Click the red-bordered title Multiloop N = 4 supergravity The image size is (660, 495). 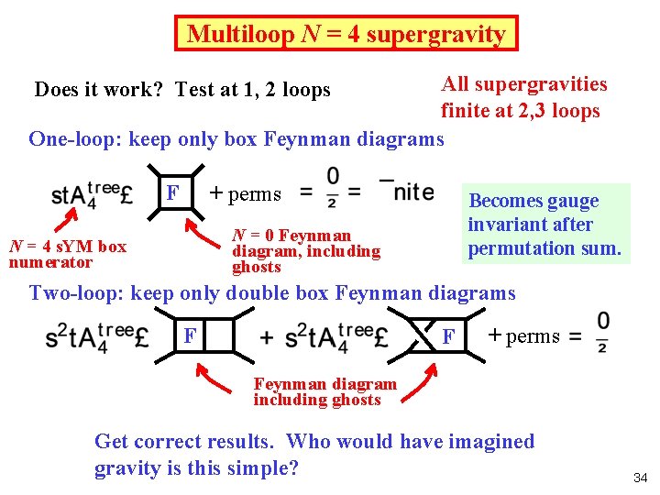[x=346, y=34]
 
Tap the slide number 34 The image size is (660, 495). [x=640, y=478]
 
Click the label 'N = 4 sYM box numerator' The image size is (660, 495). [x=67, y=254]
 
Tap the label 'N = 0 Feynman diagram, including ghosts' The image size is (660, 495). [x=306, y=250]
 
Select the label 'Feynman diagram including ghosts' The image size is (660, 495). [x=324, y=391]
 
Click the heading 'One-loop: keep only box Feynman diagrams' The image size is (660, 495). [x=236, y=139]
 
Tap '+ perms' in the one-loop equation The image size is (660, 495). [x=245, y=193]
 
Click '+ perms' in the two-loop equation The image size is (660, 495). [x=522, y=335]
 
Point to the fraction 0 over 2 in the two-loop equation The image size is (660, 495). [x=602, y=332]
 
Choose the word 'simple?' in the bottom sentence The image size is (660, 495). [x=261, y=467]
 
